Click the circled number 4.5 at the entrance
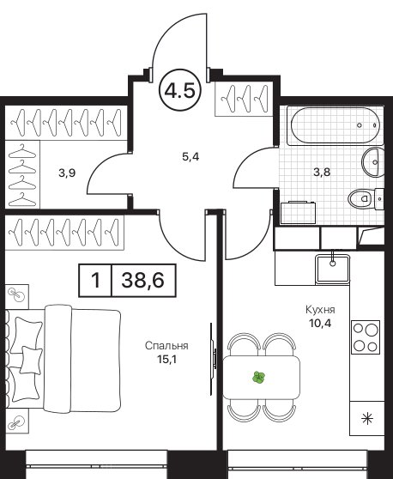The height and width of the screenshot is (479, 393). [180, 90]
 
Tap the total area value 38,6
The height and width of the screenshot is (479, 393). [143, 280]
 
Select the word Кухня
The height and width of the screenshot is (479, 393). [320, 310]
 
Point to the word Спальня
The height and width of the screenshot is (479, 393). [166, 346]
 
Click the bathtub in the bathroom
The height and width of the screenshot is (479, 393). [336, 125]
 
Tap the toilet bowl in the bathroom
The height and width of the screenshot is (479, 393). [361, 199]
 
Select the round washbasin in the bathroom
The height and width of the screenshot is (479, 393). [372, 162]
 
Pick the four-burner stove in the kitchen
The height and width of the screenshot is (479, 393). [366, 337]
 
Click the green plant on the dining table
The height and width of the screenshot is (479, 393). [258, 378]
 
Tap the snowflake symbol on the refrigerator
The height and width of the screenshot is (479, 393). [366, 418]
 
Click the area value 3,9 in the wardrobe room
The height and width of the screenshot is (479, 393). [67, 173]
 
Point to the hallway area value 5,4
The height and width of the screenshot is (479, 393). [190, 157]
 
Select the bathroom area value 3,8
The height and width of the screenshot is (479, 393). [322, 172]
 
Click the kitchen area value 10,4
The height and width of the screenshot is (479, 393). [320, 323]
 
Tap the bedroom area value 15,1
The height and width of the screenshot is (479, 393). [166, 359]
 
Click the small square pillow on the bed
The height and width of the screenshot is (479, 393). [31, 360]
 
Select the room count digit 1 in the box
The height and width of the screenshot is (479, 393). [95, 280]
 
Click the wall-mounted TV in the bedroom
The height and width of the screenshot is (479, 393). [213, 359]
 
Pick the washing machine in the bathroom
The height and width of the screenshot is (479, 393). [299, 213]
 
